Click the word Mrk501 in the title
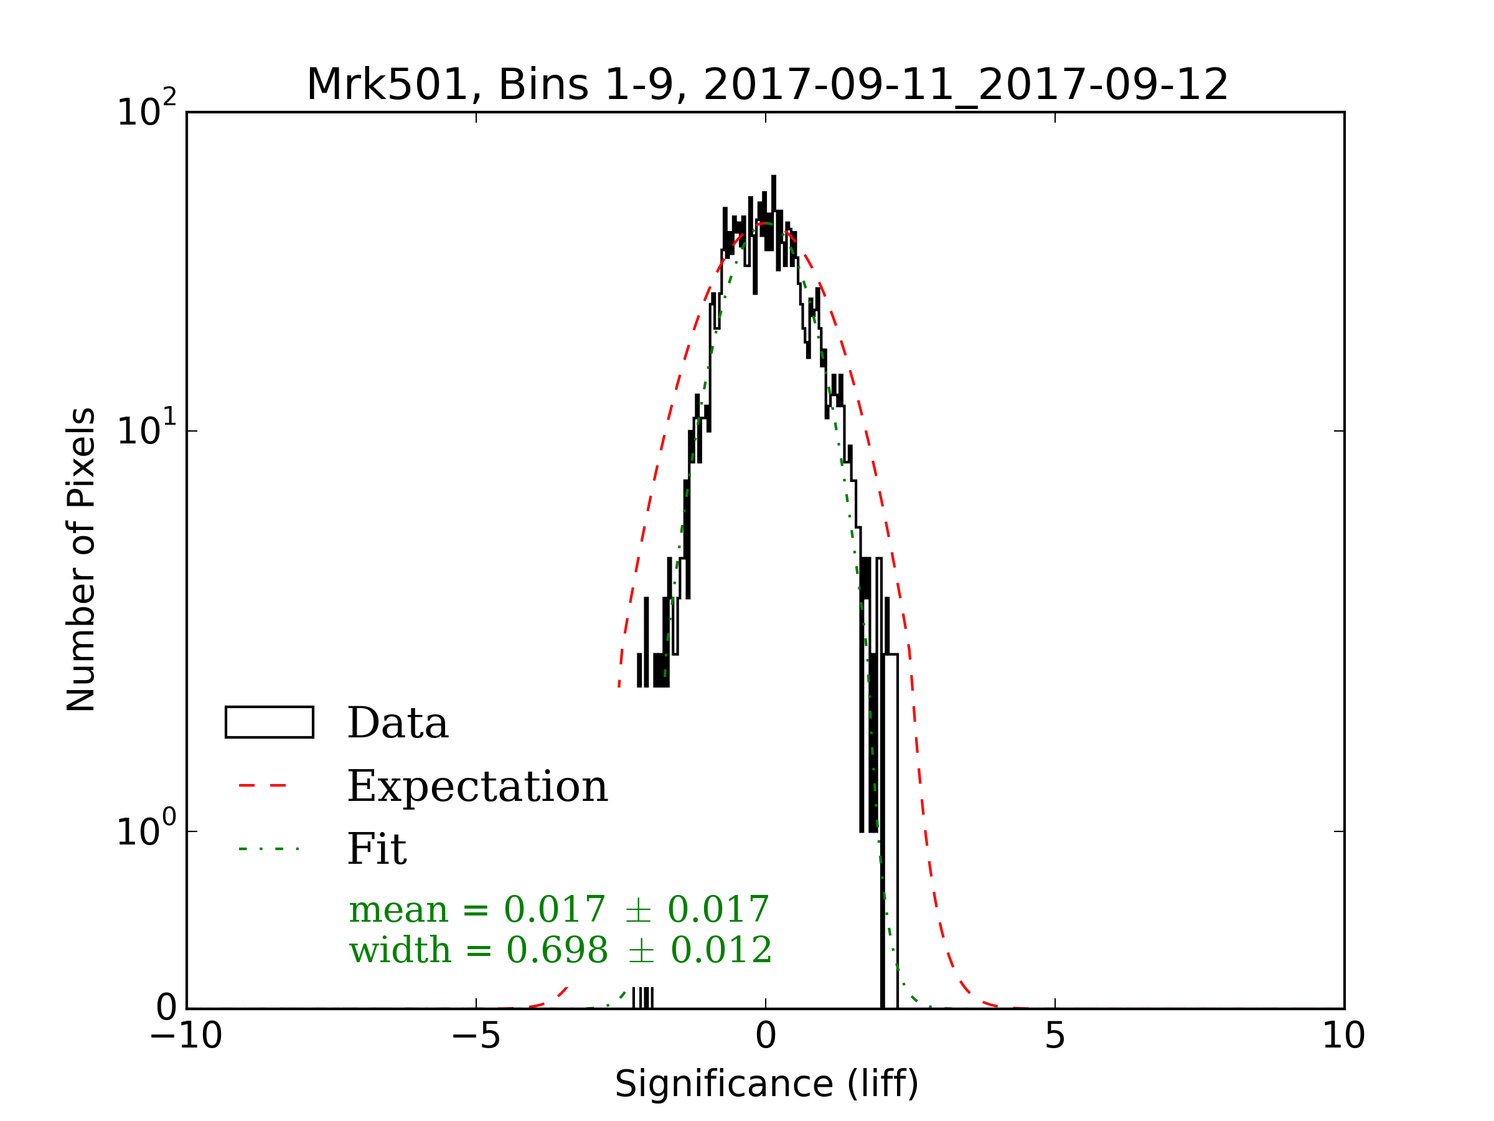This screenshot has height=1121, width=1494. [388, 86]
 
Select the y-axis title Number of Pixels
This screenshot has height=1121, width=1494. [81, 559]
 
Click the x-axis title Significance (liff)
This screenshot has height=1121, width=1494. [766, 1084]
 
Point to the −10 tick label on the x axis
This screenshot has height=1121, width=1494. [186, 1036]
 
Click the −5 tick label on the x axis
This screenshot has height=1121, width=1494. [476, 1036]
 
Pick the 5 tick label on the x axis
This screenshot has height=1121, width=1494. [1055, 1036]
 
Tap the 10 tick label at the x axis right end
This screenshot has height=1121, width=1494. [1343, 1036]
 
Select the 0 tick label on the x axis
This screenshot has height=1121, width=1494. [766, 1036]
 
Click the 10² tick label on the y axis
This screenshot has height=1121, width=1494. [146, 110]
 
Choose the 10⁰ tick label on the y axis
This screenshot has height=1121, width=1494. [146, 830]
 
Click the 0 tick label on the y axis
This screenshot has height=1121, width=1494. [166, 1008]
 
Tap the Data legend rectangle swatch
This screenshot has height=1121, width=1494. [269, 722]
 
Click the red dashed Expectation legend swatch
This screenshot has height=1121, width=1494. [263, 786]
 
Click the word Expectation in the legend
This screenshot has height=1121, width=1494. [477, 787]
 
